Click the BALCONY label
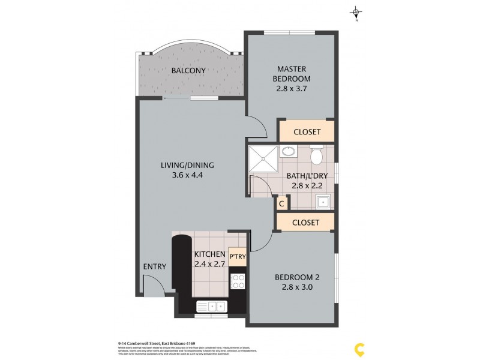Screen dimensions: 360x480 click(188, 71)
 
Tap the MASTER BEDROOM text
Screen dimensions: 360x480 click(291, 74)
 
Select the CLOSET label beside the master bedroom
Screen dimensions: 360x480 click(306, 132)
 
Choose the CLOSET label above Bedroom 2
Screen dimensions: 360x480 click(306, 222)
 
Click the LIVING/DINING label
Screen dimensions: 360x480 click(187, 166)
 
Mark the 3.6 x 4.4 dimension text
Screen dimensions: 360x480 click(187, 176)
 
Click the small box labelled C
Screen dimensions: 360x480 click(281, 203)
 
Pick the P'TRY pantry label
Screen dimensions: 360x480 click(236, 255)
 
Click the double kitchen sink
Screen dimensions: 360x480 click(212, 307)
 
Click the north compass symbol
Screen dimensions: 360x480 click(356, 12)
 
